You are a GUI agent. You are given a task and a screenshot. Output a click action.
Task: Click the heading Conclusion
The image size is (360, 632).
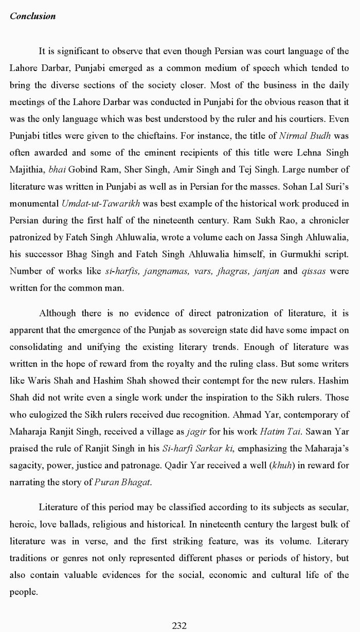[32, 16]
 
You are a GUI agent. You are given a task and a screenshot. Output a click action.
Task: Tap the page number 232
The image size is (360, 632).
[179, 626]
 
